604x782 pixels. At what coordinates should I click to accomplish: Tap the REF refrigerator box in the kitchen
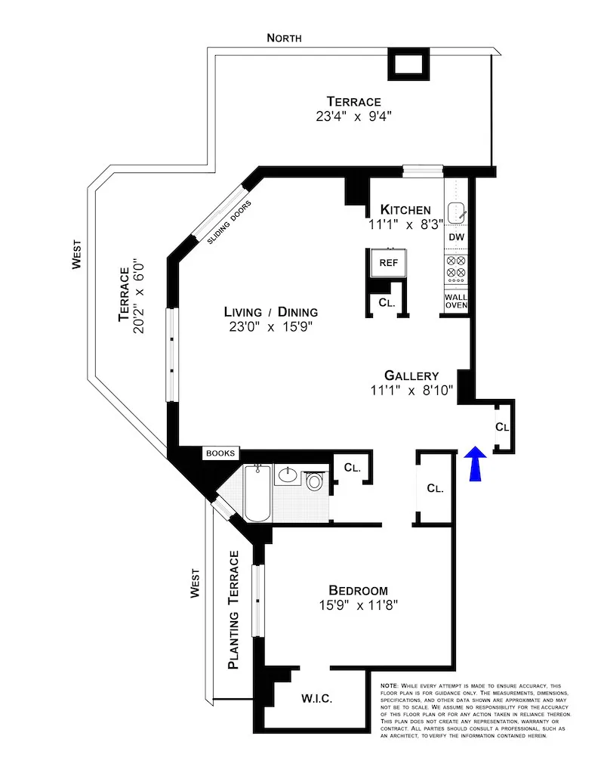[x=388, y=264]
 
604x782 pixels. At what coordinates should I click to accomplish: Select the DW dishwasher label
[x=456, y=237]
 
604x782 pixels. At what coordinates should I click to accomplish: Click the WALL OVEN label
[x=456, y=300]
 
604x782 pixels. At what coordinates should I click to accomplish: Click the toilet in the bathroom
[x=314, y=480]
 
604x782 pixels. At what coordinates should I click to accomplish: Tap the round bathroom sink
[x=287, y=476]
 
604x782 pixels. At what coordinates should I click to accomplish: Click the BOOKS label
[x=221, y=453]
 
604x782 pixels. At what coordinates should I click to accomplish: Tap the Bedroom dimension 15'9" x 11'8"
[x=358, y=605]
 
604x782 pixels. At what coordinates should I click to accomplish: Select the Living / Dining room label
[x=270, y=312]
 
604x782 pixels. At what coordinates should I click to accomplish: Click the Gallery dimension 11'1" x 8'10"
[x=411, y=391]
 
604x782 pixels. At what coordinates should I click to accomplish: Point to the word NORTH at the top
[x=283, y=38]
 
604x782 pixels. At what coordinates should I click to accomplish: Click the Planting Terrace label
[x=234, y=610]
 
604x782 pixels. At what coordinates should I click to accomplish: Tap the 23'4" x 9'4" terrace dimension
[x=353, y=117]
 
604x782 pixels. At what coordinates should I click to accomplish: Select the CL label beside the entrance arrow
[x=503, y=427]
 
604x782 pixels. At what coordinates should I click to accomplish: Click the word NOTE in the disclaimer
[x=390, y=685]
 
